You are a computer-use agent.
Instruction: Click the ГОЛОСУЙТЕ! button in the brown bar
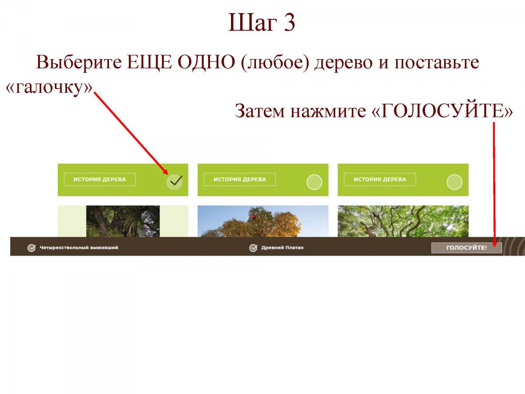[466, 248]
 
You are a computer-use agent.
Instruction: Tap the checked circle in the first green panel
[175, 182]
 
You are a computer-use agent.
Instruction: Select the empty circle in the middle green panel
[314, 182]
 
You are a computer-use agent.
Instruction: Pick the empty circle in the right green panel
[455, 182]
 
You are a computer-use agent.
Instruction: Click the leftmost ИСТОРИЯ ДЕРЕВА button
[100, 179]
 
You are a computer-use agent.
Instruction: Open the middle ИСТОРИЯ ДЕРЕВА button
[240, 179]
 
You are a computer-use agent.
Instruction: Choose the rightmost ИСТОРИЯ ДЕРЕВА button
[380, 179]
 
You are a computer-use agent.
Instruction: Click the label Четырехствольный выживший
[79, 248]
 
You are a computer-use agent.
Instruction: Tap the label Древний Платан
[283, 248]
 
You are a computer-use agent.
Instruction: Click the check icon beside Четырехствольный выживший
[31, 248]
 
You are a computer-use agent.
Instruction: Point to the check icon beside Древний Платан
[253, 248]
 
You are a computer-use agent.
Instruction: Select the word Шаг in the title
[252, 22]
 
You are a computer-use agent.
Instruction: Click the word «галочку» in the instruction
[49, 88]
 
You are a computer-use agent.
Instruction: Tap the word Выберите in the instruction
[79, 62]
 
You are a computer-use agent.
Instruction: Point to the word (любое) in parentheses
[275, 63]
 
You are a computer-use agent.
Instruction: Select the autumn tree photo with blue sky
[263, 221]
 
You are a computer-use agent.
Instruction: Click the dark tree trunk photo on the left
[123, 221]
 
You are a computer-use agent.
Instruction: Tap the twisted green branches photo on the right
[403, 221]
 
